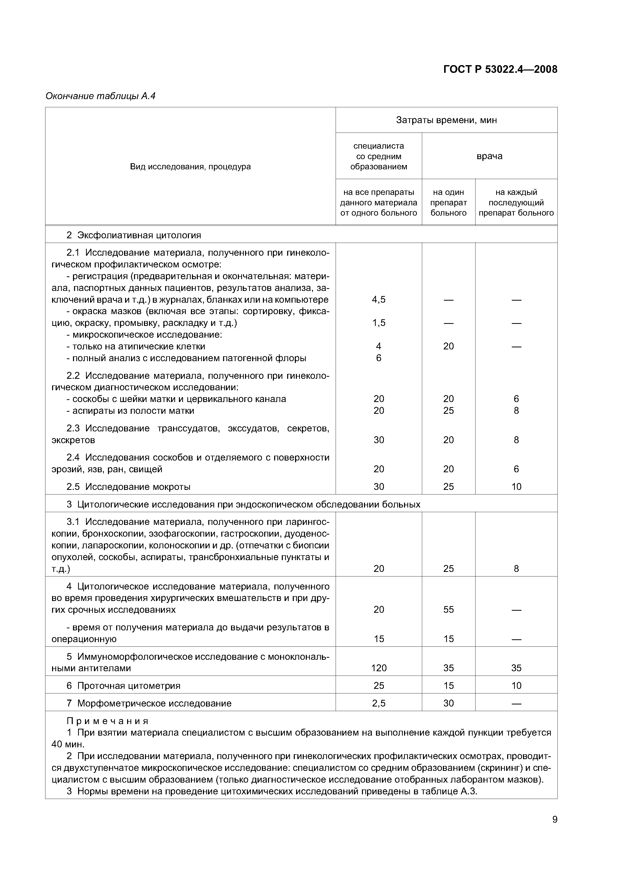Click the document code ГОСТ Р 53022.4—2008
click(500, 69)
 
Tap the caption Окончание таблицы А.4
click(100, 96)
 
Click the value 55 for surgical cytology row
click(448, 610)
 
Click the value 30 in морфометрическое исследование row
click(448, 703)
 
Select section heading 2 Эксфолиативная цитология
click(134, 235)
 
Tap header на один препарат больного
click(448, 203)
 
